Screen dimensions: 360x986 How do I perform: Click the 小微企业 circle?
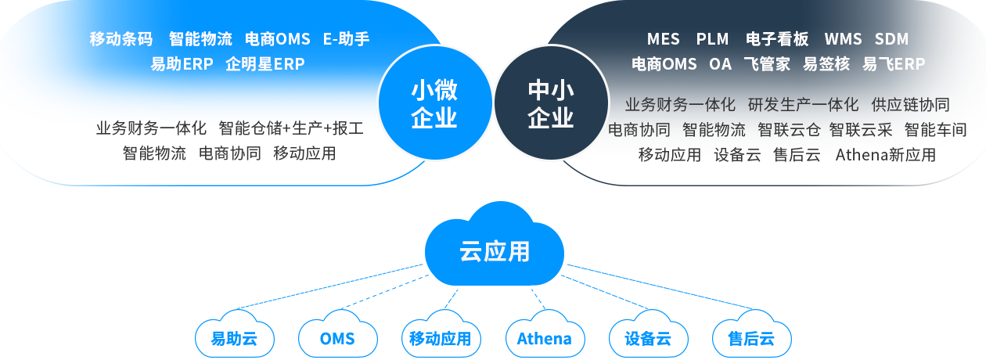click(x=434, y=103)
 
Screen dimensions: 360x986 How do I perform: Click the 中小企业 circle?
click(x=551, y=103)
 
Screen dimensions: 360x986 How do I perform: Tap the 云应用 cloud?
click(x=494, y=250)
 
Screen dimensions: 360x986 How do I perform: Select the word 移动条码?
click(x=121, y=39)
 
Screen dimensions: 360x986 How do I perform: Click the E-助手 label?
click(x=346, y=39)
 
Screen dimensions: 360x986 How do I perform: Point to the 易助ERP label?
click(x=182, y=64)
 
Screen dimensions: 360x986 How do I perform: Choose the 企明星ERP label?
click(x=264, y=64)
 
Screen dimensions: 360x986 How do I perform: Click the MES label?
click(x=664, y=39)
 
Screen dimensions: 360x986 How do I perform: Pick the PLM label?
click(x=712, y=39)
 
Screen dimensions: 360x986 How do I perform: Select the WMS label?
click(x=843, y=39)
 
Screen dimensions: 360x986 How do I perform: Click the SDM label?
click(x=891, y=39)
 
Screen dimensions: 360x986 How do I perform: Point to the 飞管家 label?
click(x=767, y=64)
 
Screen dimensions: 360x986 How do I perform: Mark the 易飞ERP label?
click(x=894, y=64)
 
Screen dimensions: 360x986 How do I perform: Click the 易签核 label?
click(x=826, y=64)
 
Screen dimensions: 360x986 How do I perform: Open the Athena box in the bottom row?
click(x=543, y=338)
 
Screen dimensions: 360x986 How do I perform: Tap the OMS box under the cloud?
click(x=336, y=338)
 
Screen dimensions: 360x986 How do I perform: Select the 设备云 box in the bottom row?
click(x=647, y=338)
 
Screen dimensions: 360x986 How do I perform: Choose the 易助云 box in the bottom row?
click(x=232, y=338)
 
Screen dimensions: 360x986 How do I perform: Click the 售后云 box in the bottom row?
click(x=750, y=338)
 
